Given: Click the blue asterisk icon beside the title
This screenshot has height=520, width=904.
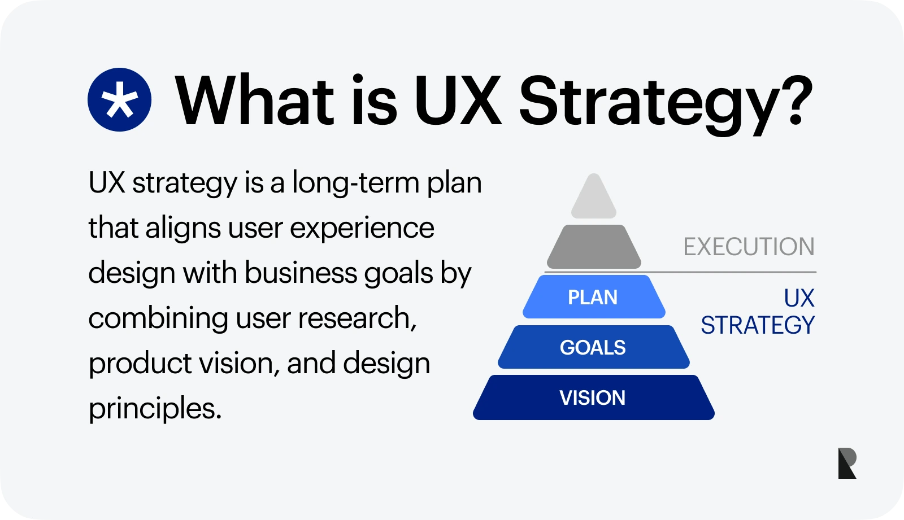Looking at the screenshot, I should tap(119, 100).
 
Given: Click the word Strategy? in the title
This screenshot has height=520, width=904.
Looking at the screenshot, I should tap(665, 102).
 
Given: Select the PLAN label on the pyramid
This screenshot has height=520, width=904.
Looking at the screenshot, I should tap(593, 298).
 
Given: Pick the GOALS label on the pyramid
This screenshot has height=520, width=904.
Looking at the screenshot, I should tap(593, 348).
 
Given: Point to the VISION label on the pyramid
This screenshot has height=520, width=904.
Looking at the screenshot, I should tap(593, 398).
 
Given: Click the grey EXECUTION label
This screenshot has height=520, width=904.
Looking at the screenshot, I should tap(749, 247).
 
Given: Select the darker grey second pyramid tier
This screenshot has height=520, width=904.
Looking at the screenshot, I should tap(594, 247).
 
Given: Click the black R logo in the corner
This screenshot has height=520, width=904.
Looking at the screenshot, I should tap(847, 463).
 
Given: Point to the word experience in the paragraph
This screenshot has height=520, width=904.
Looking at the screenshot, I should tap(362, 229).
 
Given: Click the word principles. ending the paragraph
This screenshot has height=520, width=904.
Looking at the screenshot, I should tap(155, 408).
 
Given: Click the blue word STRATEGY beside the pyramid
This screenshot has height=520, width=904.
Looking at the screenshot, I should tap(758, 326).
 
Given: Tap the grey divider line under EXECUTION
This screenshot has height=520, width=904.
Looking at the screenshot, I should tap(734, 272).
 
